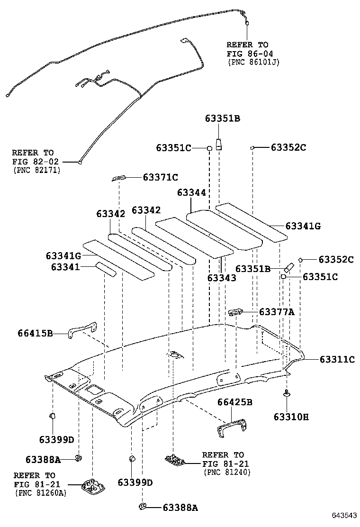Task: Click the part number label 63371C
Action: click(161, 177)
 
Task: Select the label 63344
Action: click(192, 192)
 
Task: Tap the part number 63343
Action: click(221, 278)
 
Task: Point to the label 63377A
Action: click(277, 312)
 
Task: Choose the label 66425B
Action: click(234, 402)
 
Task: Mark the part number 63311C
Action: click(336, 359)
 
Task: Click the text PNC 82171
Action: click(36, 170)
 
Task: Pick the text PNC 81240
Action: click(226, 472)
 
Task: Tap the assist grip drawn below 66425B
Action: click(232, 425)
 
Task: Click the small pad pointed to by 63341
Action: click(105, 269)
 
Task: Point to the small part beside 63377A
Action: click(235, 312)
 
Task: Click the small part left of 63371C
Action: click(119, 178)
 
